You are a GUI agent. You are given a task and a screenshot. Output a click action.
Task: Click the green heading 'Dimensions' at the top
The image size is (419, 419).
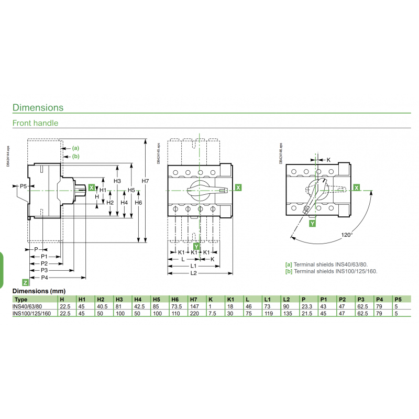(x=38, y=107)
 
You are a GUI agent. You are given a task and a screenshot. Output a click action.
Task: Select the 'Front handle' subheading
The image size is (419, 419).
(x=35, y=123)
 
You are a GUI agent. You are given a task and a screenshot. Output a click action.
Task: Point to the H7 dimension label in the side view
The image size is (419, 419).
(x=146, y=181)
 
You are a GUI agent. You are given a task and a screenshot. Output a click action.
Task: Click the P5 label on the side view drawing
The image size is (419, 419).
(x=23, y=186)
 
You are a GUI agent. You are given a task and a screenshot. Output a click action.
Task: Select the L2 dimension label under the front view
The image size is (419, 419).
(x=193, y=273)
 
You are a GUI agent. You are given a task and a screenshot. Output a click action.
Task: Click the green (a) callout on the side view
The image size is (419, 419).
(x=75, y=148)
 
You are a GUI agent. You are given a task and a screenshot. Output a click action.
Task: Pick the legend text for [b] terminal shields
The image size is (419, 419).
(x=331, y=271)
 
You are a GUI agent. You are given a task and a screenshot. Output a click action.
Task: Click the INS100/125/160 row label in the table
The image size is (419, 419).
(x=31, y=313)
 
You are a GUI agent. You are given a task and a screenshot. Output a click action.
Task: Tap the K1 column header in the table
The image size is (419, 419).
(x=230, y=300)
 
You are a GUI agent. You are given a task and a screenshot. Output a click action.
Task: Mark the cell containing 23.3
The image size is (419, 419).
(x=306, y=306)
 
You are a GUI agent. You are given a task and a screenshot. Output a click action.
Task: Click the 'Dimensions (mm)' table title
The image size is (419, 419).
(x=38, y=290)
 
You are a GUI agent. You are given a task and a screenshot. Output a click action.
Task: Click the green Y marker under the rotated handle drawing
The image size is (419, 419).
(x=312, y=223)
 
